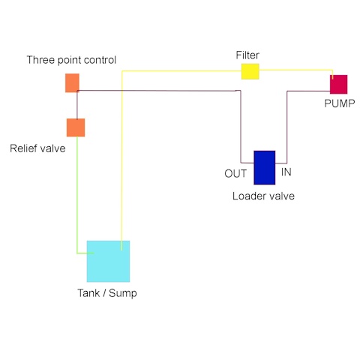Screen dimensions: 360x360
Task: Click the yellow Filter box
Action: point(250,71)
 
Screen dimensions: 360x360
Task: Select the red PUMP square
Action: point(338,84)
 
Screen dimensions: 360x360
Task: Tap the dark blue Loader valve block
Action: point(265,167)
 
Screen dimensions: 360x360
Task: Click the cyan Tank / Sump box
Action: point(108,261)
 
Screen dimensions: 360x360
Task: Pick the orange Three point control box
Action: point(72,82)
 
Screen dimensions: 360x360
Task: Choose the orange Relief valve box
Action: point(76,127)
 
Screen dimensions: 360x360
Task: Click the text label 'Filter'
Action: point(247,55)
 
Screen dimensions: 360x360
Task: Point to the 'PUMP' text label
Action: point(340,103)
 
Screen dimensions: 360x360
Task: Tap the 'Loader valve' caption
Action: point(263,196)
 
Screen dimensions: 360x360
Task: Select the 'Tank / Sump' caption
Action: point(107,293)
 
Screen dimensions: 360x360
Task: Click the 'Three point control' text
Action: point(71,60)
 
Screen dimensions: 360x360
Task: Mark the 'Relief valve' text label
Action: point(37,148)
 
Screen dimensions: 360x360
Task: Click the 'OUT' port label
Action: point(235,173)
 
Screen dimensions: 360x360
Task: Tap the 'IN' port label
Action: point(286,172)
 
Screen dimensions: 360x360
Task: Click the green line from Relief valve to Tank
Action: point(77,195)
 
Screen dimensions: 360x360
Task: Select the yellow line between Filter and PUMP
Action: point(296,70)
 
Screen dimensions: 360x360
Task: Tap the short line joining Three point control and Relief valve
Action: point(77,105)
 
